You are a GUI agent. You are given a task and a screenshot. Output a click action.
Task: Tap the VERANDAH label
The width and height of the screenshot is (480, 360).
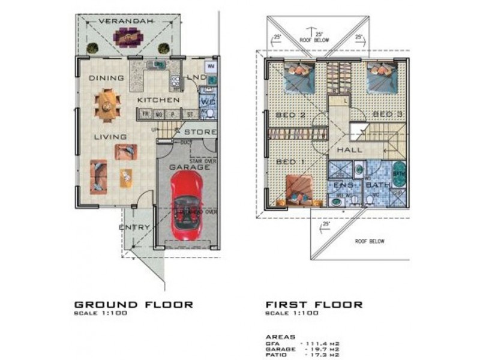(x=125, y=20)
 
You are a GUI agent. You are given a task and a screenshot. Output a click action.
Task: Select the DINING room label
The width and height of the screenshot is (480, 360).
(x=106, y=77)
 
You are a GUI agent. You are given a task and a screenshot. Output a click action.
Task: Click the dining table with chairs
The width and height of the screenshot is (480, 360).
(x=106, y=106)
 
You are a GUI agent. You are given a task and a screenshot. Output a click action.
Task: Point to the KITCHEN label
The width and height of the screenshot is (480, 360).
(x=158, y=99)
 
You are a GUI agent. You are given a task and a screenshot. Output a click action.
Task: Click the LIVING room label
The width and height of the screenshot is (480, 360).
(x=110, y=137)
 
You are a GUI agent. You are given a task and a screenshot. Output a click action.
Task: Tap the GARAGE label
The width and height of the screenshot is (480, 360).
(x=189, y=167)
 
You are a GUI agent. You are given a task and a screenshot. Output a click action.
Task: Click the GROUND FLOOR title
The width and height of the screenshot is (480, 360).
(x=133, y=304)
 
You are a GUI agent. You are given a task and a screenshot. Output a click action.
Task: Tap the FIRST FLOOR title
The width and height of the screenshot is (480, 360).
(x=314, y=304)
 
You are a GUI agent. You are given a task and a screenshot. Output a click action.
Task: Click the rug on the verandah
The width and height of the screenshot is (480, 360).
(x=127, y=38)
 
